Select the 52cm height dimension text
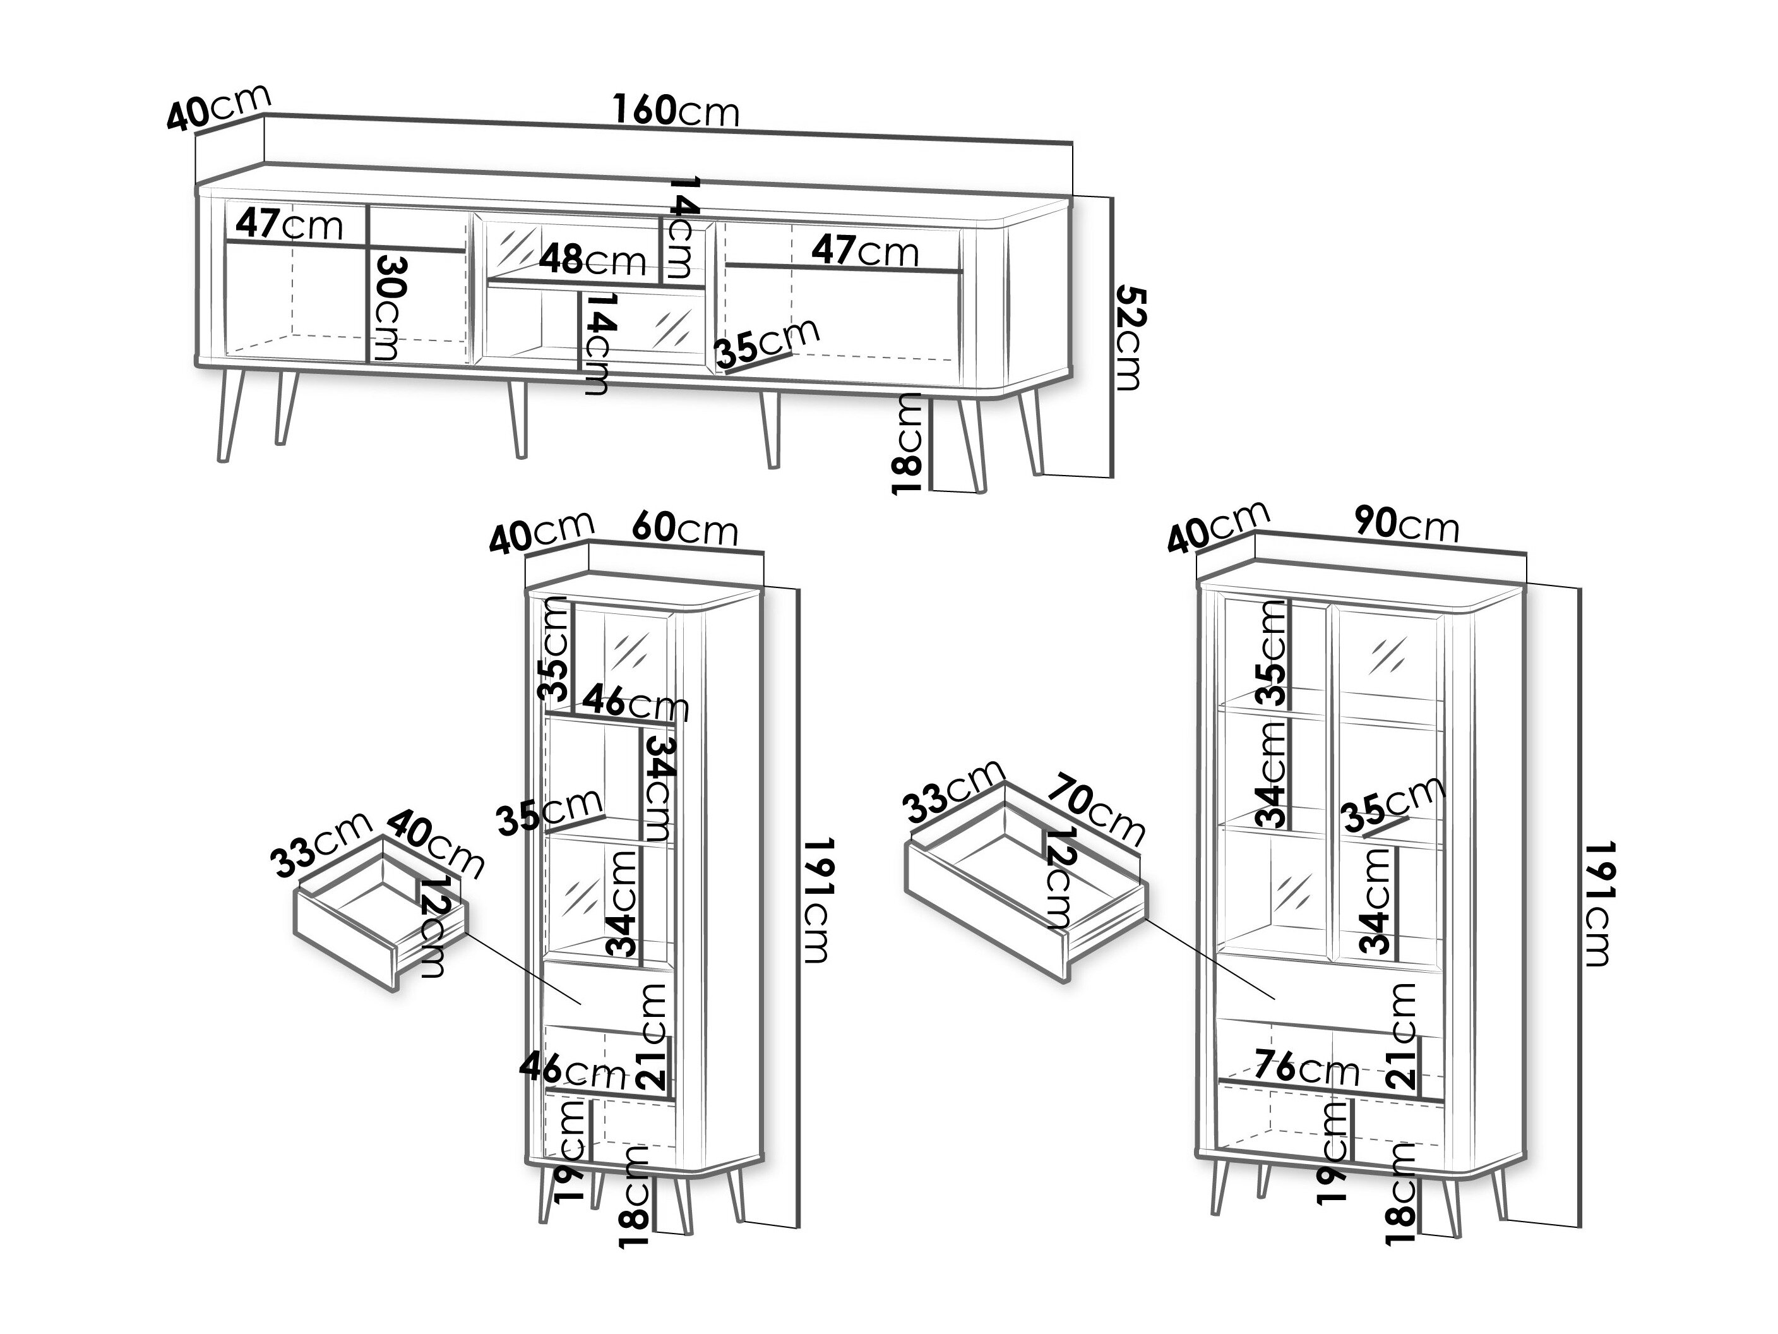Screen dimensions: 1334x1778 (x=1128, y=339)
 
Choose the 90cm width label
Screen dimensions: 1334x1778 (x=1406, y=524)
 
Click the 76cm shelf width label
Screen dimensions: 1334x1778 (x=1306, y=1068)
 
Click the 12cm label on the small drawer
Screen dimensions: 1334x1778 (x=433, y=928)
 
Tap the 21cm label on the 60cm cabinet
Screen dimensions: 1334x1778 (x=652, y=1037)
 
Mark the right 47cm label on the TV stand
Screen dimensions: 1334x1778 (x=865, y=251)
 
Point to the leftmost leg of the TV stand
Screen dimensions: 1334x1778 (x=230, y=415)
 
